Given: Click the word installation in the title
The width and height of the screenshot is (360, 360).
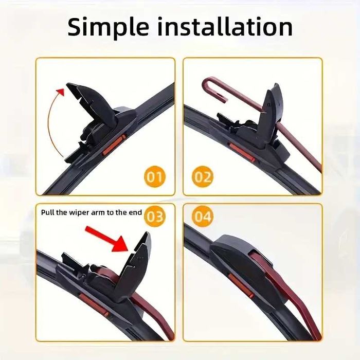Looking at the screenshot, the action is (225, 27).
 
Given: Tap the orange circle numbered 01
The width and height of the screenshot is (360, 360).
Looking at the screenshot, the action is (155, 176).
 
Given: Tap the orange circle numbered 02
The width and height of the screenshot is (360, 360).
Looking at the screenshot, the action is (202, 176).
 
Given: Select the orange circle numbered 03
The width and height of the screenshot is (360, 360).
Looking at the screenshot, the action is (155, 217).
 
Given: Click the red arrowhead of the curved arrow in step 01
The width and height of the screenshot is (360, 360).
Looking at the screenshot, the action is (61, 92).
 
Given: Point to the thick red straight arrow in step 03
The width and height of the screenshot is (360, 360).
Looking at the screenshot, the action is (106, 239).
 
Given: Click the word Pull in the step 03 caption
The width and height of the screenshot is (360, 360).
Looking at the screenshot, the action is (48, 212).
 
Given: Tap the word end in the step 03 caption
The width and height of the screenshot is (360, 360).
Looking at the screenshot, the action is (135, 212).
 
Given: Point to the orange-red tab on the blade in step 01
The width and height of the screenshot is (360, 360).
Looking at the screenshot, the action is (114, 145).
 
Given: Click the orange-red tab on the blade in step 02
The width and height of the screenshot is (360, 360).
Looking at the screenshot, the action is (241, 153).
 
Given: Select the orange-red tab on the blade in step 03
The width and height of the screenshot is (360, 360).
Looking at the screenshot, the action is (94, 304).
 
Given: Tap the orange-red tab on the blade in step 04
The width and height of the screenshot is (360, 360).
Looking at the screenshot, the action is (241, 286).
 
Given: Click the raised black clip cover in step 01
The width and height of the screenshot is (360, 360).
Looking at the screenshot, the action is (92, 104).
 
